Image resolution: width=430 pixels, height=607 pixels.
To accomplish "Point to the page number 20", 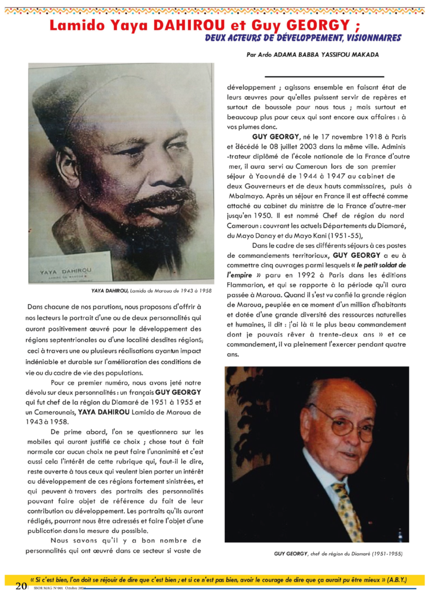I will click(x=21, y=586).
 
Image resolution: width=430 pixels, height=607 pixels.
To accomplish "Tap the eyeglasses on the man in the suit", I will click(x=343, y=422).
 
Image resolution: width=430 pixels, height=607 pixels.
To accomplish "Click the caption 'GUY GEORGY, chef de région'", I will click(x=338, y=553).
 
